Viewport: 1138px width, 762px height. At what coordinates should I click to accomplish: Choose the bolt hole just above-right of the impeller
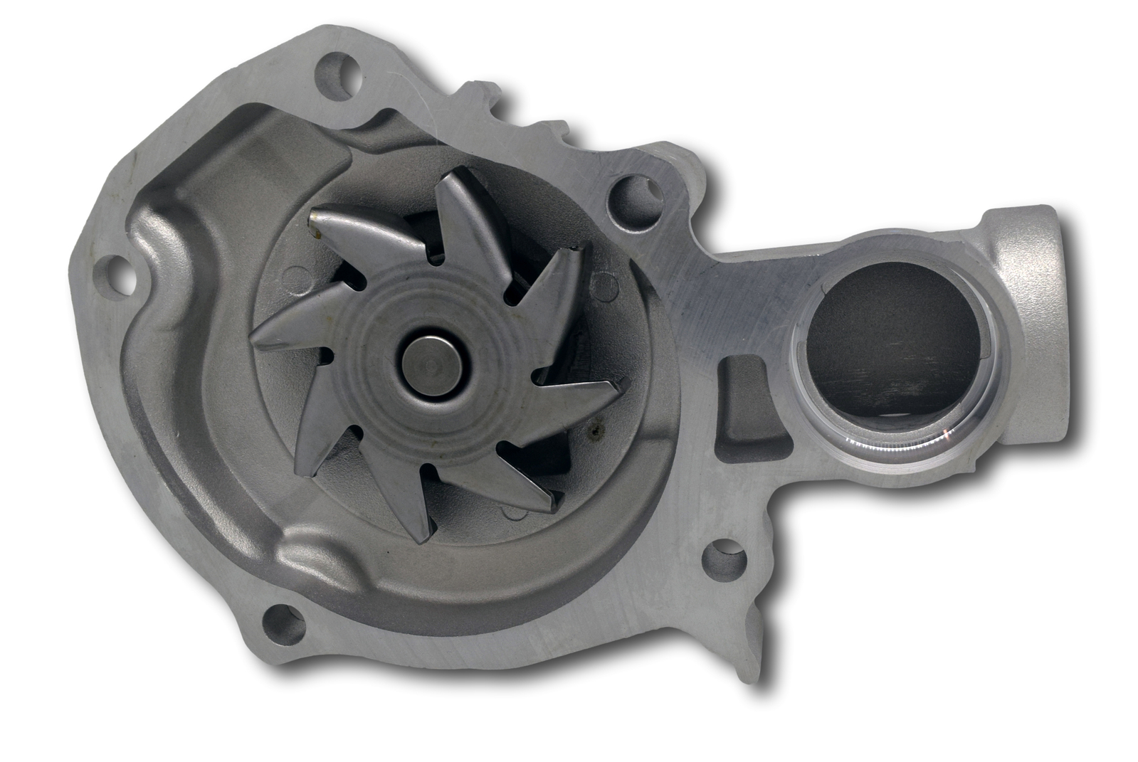pyautogui.click(x=633, y=194)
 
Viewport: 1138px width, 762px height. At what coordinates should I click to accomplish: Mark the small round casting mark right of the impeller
pyautogui.click(x=608, y=287)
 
